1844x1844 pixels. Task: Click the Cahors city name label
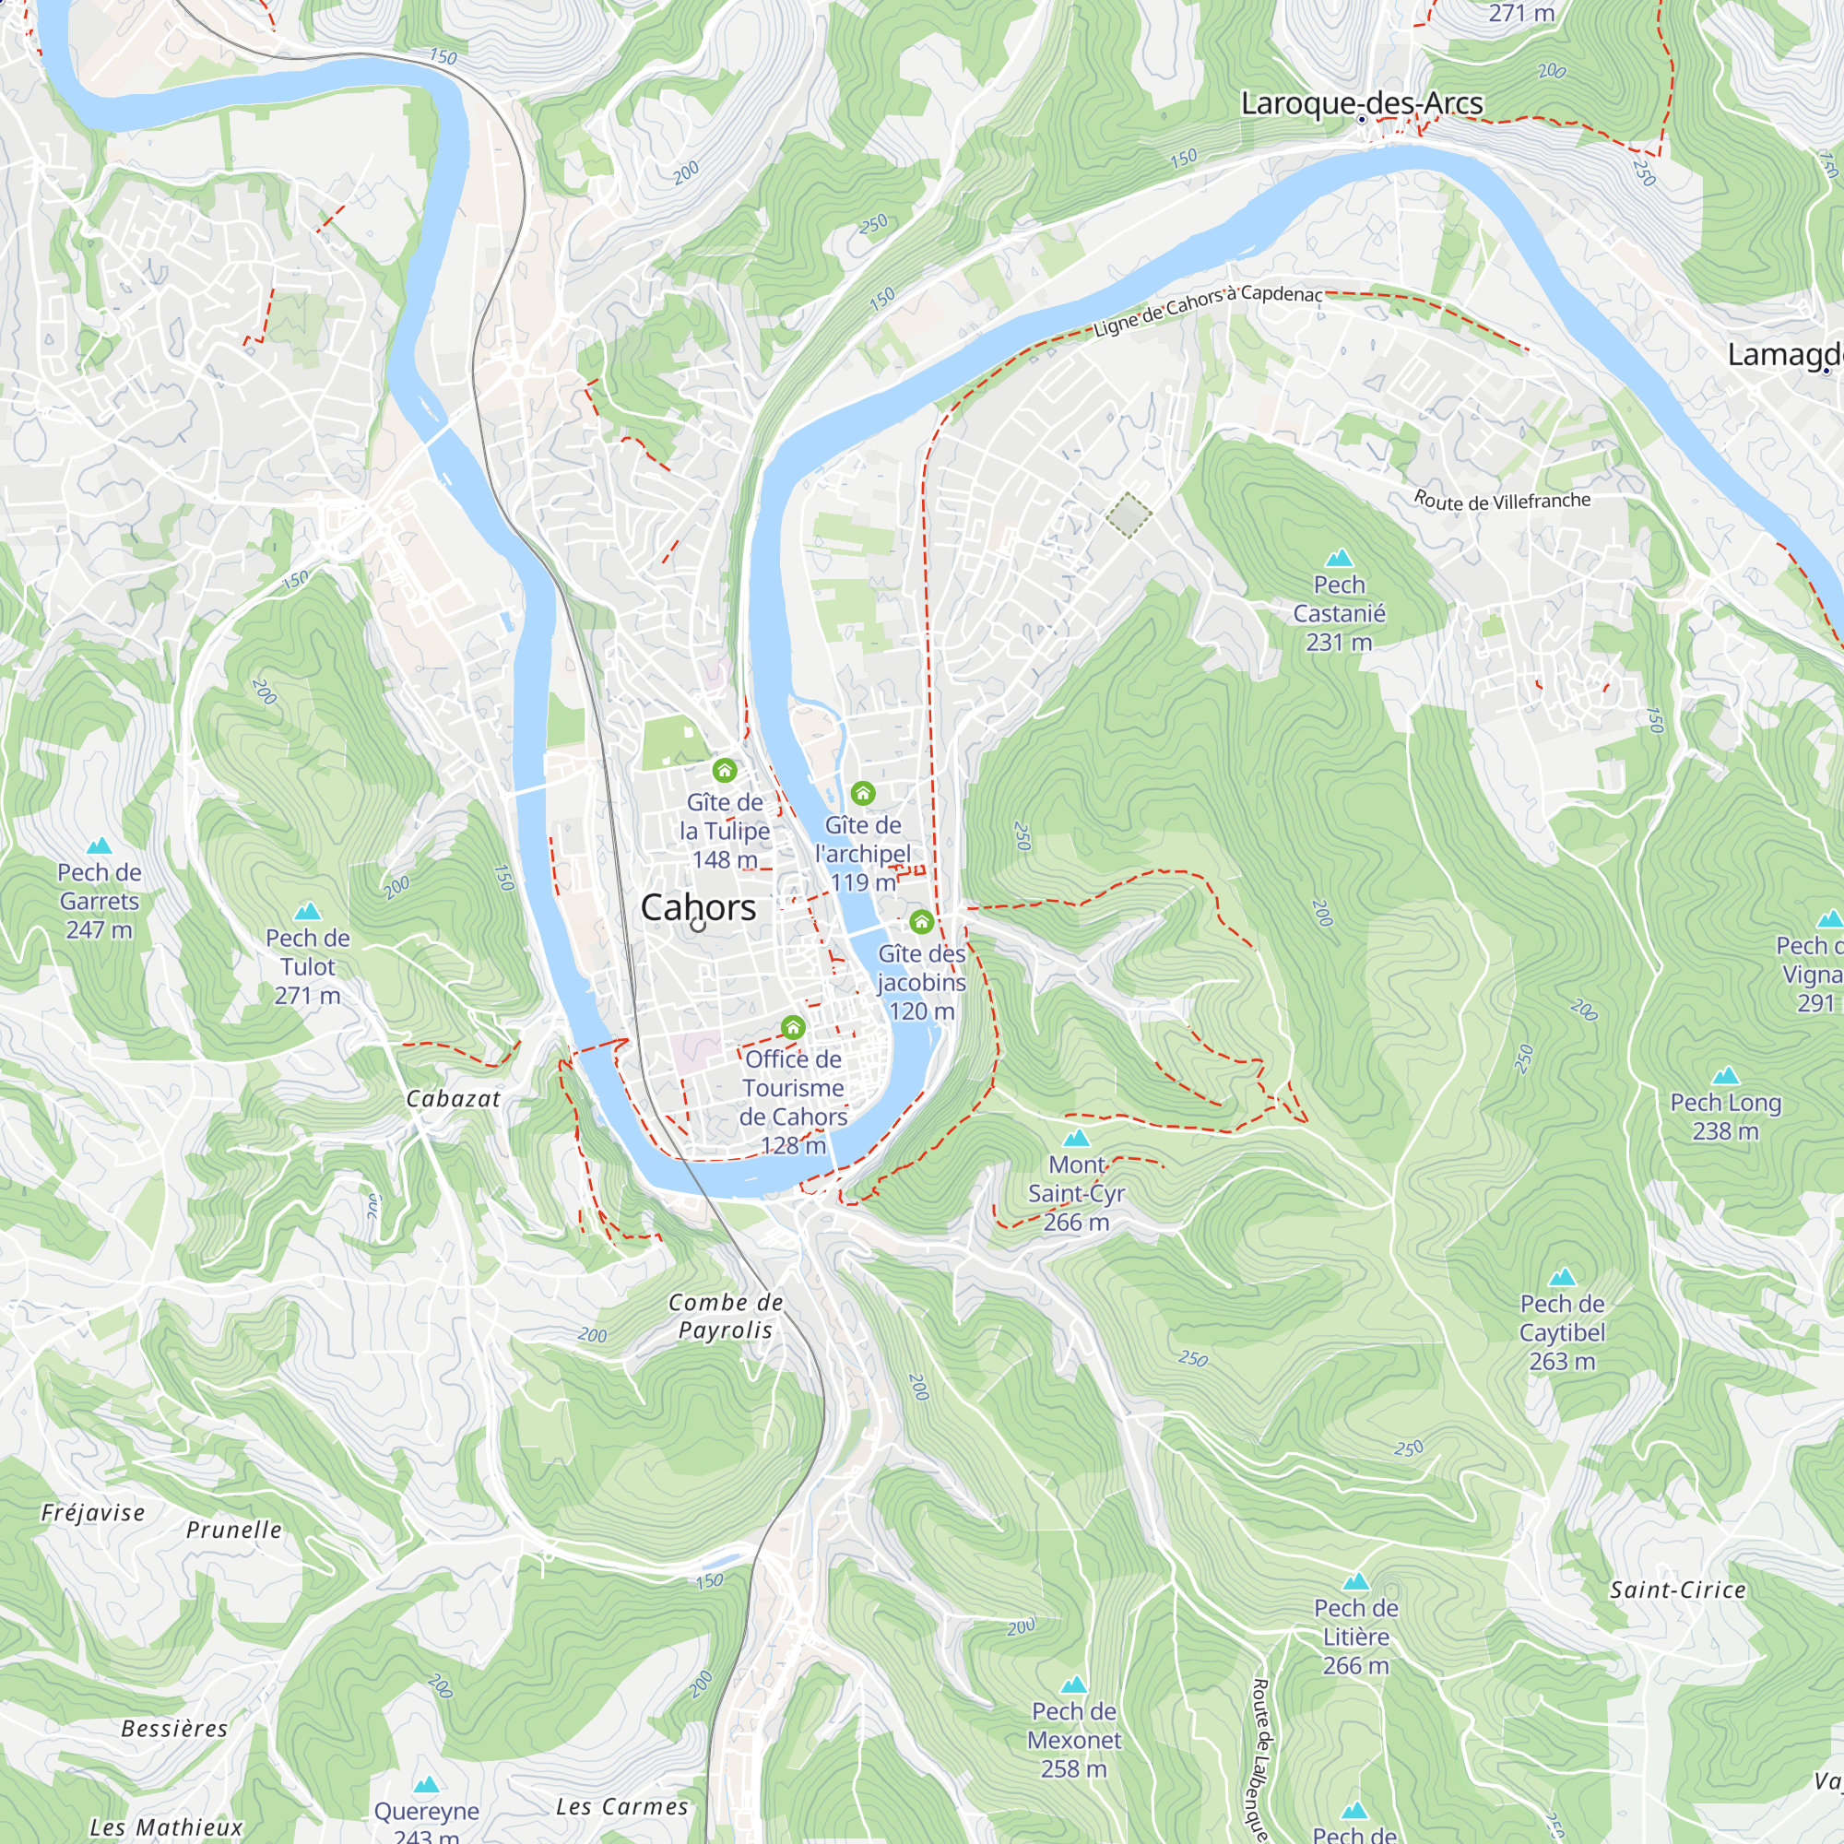click(x=698, y=906)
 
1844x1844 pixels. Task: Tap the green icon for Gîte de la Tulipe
click(x=725, y=770)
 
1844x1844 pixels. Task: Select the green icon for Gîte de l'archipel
click(x=863, y=793)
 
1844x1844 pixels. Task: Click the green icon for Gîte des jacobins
click(x=921, y=922)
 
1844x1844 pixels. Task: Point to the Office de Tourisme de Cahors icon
click(x=793, y=1028)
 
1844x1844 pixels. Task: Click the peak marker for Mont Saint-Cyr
click(x=1077, y=1138)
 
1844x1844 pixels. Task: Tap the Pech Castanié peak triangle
click(x=1340, y=558)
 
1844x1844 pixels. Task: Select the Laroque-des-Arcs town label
click(x=1361, y=103)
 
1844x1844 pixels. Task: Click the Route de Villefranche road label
click(x=1501, y=500)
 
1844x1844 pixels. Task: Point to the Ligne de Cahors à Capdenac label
click(x=1208, y=311)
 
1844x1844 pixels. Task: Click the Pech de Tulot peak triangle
click(x=307, y=912)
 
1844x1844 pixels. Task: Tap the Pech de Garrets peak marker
click(x=100, y=845)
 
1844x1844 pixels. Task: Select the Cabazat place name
click(x=454, y=1099)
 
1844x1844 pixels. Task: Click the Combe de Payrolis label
click(x=726, y=1317)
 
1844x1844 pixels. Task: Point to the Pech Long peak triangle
click(x=1726, y=1077)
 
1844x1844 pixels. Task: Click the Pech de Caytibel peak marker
click(x=1563, y=1277)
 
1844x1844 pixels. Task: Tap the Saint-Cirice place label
click(x=1678, y=1590)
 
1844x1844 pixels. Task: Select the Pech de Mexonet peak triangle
click(x=1075, y=1685)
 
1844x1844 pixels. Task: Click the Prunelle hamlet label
click(x=234, y=1530)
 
